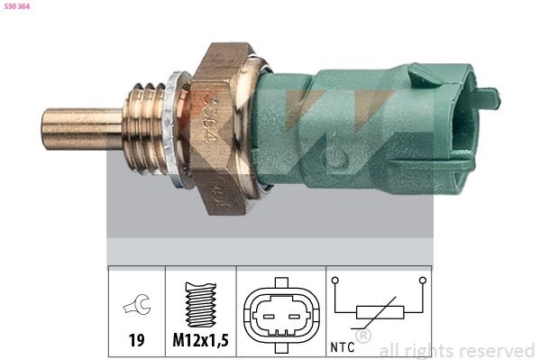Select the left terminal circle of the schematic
click(335, 282)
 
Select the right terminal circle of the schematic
click(421, 282)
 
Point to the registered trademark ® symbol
click(363, 335)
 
